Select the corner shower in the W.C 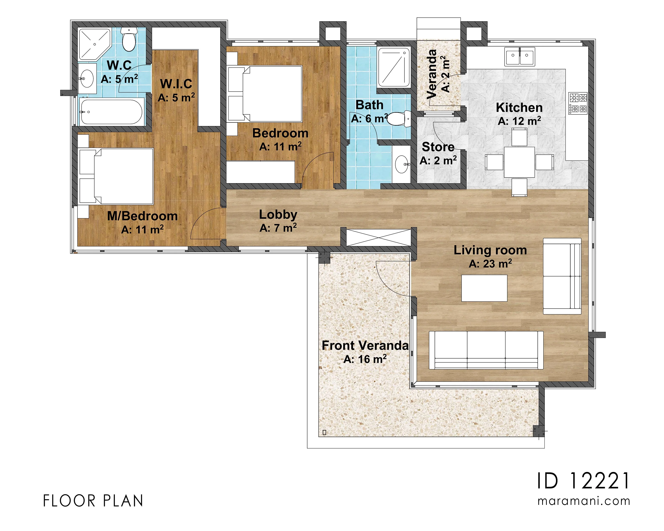point(95,44)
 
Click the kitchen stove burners point(578,103)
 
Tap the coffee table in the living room point(484,288)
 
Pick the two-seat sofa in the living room point(562,276)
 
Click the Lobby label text point(278,214)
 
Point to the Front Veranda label point(365,345)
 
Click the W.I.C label point(176,84)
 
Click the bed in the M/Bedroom point(116,176)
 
